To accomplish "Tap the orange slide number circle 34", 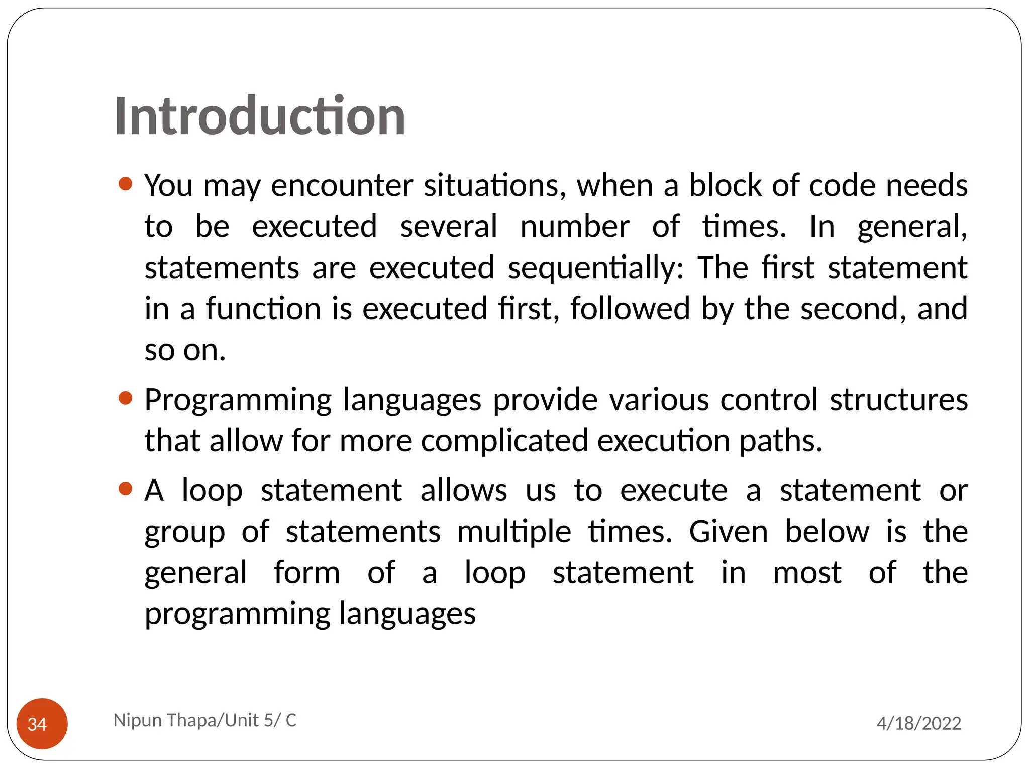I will [42, 723].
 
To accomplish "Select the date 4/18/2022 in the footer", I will [918, 723].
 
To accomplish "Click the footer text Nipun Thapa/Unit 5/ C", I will [205, 720].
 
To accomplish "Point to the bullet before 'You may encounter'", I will [126, 184].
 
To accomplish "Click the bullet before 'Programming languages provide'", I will [126, 398].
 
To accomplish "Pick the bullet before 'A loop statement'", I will [126, 488].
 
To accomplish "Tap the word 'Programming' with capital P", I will [238, 400].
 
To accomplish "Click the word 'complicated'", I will [504, 441].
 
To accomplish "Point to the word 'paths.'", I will [781, 441].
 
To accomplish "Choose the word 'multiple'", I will [514, 532].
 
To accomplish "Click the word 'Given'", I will [729, 532].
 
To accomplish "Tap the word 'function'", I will [263, 308].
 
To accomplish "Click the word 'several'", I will [448, 226].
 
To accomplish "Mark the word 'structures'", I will [898, 400].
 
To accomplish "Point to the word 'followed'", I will [630, 308].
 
